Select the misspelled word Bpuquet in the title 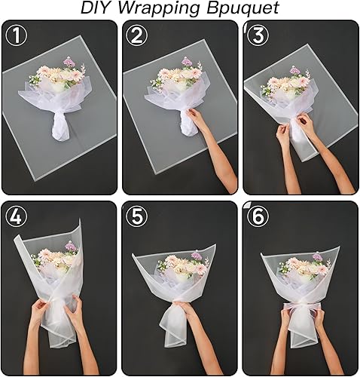[x=239, y=9]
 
